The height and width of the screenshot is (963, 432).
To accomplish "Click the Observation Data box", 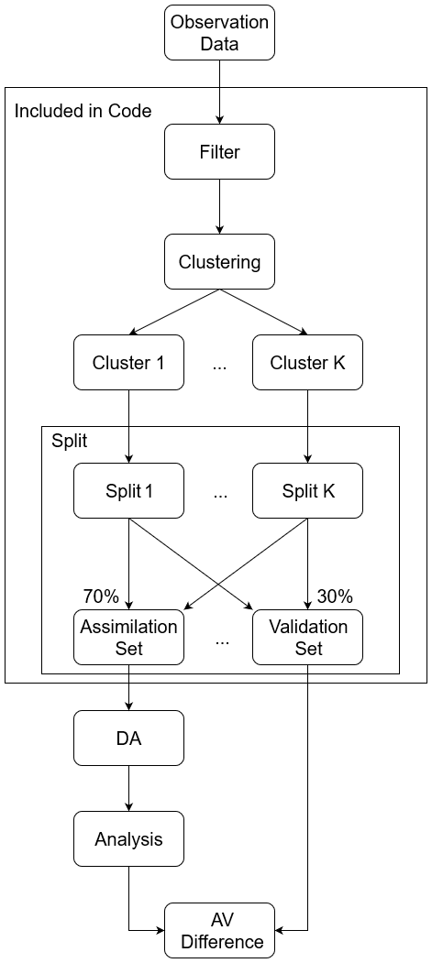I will pos(219,32).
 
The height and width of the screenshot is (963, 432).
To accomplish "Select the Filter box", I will pos(219,151).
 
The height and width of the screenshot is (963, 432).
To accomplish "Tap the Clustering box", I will pos(219,262).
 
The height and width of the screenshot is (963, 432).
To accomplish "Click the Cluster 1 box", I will pos(128,363).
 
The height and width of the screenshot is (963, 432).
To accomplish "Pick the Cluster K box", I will pos(307,363).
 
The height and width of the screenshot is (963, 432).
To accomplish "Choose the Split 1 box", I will pos(128,491).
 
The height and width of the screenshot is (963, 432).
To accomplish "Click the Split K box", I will pos(307,491).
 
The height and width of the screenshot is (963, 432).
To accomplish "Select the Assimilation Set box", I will pos(128,638).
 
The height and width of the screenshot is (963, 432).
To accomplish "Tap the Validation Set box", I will pos(307,638).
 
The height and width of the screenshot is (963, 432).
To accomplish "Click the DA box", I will pos(128,739).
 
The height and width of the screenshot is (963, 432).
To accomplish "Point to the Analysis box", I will pos(128,839).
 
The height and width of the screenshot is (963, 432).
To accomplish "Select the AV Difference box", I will pos(219,930).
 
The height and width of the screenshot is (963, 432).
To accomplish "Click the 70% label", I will pos(101,596).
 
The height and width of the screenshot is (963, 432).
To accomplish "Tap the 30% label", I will pos(335,596).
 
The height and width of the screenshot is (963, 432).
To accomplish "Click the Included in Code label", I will pos(83,112).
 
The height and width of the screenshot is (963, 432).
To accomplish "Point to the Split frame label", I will pos(70,441).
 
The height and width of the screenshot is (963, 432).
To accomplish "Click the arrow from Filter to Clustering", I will pos(219,206).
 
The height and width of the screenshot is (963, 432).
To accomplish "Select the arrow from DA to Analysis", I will pos(128,789).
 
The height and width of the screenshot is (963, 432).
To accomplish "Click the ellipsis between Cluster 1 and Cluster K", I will pos(219,365).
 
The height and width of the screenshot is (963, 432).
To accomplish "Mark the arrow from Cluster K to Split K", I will pos(307,427).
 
